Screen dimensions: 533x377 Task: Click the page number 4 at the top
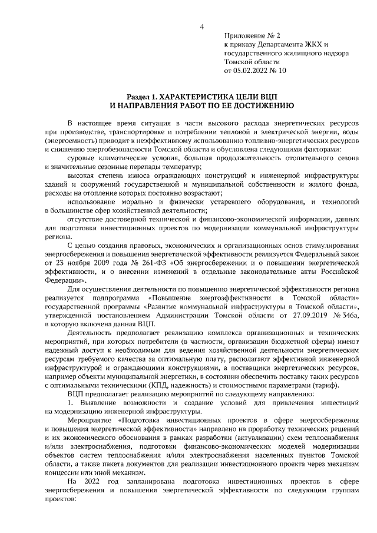(202, 26)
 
